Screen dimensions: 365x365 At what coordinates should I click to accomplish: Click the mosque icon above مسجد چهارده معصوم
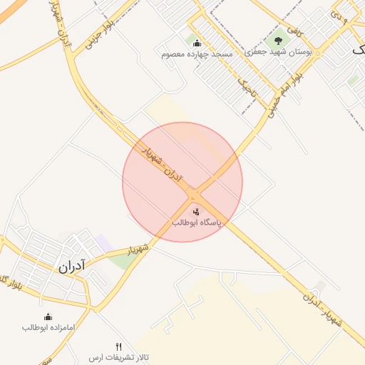click(197, 43)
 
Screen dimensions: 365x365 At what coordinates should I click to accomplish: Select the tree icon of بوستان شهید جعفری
click(278, 41)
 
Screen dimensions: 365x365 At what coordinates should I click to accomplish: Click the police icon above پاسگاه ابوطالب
click(196, 211)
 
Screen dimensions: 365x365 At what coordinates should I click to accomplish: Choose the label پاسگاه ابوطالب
click(197, 223)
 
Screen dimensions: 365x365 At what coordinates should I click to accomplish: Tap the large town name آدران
click(71, 267)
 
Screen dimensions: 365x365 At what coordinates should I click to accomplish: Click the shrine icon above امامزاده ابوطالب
click(48, 317)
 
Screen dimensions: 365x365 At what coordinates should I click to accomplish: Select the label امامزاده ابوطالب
click(48, 328)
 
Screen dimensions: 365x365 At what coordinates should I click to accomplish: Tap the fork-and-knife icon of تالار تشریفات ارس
click(118, 346)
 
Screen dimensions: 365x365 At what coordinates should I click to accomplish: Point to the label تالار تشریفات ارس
click(118, 356)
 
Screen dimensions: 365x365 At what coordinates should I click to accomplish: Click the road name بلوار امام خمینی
click(285, 89)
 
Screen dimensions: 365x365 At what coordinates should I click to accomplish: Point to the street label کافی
click(293, 30)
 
